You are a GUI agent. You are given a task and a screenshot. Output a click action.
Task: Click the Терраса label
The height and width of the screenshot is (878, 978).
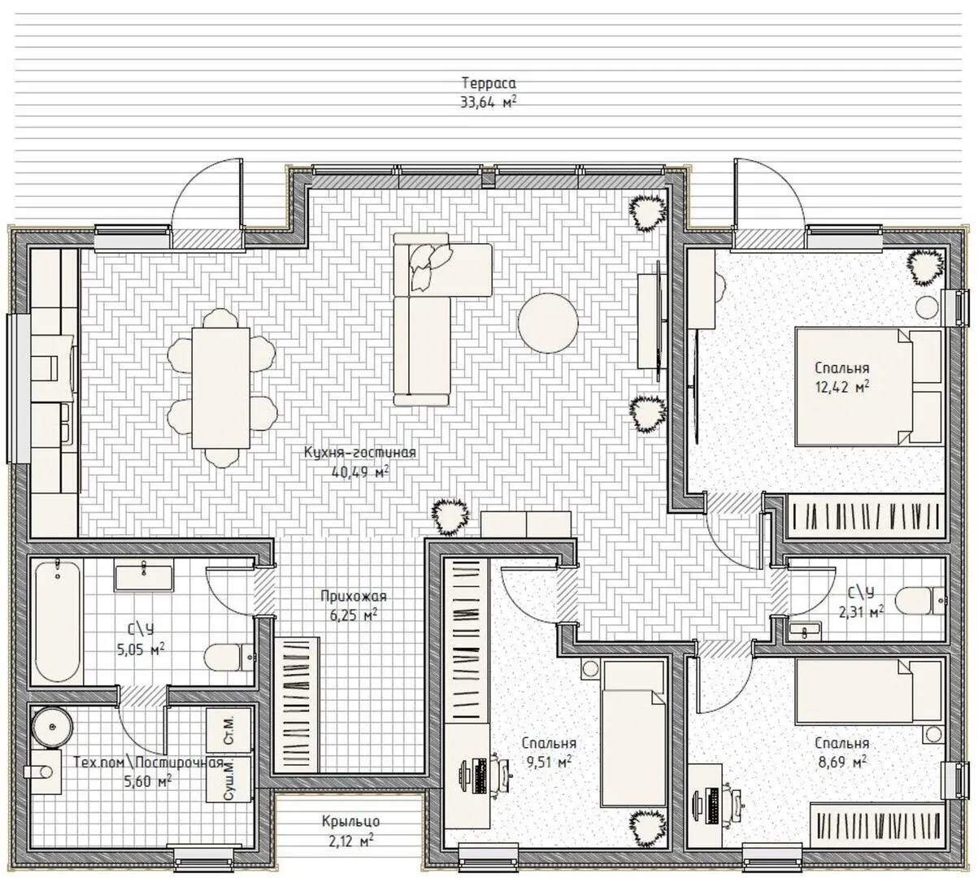coord(489,83)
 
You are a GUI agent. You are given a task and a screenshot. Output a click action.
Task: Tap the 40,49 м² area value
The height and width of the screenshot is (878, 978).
coord(359,472)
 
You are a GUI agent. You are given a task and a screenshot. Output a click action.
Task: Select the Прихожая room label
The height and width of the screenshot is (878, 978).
coord(354,597)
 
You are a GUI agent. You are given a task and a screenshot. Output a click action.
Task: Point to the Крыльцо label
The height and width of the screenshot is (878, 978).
coord(351,821)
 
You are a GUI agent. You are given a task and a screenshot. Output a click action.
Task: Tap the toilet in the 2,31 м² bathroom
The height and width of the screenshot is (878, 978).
coord(919,601)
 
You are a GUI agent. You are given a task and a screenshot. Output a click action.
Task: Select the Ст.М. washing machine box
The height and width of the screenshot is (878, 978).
coord(228,730)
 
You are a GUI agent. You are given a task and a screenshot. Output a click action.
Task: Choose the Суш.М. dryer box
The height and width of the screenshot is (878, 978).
coord(228,779)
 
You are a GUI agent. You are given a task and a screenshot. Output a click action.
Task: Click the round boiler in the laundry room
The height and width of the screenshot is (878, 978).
coord(53,727)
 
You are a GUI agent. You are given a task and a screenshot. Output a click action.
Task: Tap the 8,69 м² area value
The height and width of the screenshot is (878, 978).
coord(842,763)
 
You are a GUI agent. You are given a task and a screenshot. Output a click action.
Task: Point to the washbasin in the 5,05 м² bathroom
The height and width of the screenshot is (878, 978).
coord(144,578)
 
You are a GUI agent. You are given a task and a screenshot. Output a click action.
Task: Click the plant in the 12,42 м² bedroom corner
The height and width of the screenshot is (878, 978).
coord(925,267)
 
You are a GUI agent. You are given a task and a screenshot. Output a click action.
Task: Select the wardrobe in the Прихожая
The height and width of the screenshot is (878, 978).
coord(297,705)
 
